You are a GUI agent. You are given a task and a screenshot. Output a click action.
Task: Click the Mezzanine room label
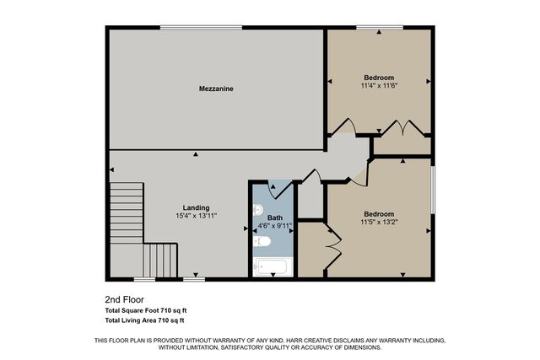216,89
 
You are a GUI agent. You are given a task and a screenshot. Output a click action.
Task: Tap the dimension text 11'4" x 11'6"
378,85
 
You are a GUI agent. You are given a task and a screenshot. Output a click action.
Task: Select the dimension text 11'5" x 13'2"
379,222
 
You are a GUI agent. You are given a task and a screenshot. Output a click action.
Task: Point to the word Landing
196,208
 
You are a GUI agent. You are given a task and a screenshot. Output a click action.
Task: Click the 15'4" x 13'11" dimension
196,216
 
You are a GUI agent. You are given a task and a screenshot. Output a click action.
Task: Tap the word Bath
275,218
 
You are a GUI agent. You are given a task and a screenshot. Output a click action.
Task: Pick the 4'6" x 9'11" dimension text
275,225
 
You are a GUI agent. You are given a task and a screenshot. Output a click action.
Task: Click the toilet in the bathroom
262,243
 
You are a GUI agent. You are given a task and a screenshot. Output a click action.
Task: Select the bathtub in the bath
272,267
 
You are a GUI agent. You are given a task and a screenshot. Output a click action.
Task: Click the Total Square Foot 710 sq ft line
144,311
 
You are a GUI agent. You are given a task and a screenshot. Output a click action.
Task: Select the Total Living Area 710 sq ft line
144,321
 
